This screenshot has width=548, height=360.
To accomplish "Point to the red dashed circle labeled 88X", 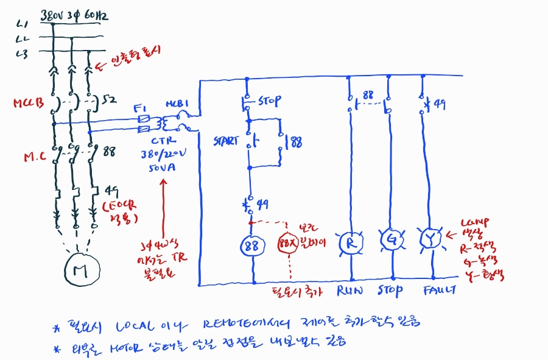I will coord(289,245).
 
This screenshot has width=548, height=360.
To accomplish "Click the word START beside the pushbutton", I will coord(226,141).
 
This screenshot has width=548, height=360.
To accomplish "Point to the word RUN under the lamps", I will coord(350,291).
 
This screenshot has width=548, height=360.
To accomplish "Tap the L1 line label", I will coord(23,24).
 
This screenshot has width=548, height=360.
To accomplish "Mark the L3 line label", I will coord(23,54).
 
